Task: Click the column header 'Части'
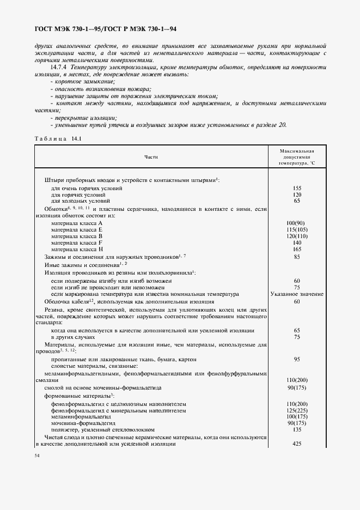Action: click(151, 157)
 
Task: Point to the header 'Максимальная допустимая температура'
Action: click(297, 157)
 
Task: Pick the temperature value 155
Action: click(297, 188)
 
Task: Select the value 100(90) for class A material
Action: click(297, 223)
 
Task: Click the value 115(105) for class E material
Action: click(297, 229)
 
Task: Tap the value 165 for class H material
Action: click(297, 248)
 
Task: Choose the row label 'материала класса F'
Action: click(77, 242)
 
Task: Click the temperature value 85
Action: click(297, 257)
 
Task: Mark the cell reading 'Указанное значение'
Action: click(297, 294)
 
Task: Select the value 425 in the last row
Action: click(297, 444)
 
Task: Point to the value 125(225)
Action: click(297, 410)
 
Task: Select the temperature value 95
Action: click(297, 360)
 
